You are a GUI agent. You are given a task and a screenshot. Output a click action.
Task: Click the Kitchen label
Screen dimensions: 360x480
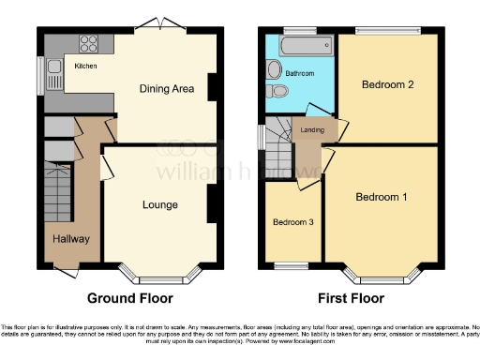coord(85,67)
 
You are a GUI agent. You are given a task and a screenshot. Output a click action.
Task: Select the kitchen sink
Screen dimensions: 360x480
coord(55,67)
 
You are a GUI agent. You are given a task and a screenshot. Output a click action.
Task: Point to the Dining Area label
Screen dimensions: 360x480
coord(167,89)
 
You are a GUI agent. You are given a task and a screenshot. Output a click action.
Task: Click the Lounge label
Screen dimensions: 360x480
coord(159,204)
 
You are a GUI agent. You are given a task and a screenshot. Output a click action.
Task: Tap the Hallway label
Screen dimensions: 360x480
coord(71,239)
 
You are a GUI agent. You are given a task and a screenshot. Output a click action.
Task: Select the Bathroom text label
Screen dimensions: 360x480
coord(299,72)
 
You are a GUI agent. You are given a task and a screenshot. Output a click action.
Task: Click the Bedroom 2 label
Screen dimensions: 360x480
coord(388,83)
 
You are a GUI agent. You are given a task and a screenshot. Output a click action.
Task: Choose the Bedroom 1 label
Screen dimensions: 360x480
coord(381,197)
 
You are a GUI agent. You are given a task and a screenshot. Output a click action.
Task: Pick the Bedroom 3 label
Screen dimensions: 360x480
coord(292,223)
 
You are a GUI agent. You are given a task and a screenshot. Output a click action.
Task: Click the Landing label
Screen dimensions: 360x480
coord(312,129)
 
